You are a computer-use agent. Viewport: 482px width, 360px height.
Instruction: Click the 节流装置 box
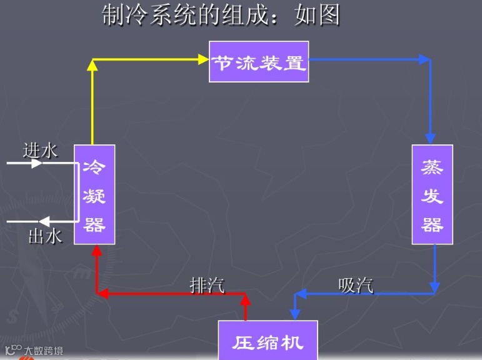click(x=259, y=61)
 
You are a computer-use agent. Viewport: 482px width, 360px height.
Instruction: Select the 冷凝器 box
click(x=94, y=194)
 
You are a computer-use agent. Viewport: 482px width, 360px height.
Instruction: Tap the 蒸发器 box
click(x=432, y=194)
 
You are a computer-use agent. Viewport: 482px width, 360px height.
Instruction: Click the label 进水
click(x=40, y=150)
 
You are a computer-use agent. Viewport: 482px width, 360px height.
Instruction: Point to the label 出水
click(x=45, y=236)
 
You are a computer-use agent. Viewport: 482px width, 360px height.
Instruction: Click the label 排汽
click(x=207, y=284)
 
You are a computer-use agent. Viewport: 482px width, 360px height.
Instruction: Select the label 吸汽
click(x=356, y=284)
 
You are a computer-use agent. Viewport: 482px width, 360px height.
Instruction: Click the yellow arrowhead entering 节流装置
click(x=203, y=59)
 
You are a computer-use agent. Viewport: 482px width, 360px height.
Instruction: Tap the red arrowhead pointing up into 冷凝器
click(x=96, y=251)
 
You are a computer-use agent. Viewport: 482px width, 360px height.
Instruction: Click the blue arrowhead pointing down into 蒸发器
click(x=429, y=139)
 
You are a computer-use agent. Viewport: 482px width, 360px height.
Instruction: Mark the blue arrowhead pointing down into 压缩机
click(x=296, y=312)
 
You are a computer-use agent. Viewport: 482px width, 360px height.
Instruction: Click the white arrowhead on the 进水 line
click(x=37, y=163)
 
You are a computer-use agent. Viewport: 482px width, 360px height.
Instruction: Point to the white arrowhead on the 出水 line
click(x=44, y=221)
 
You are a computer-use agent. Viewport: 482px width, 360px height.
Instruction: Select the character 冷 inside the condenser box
click(x=94, y=167)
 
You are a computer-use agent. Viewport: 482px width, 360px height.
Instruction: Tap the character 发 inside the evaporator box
click(x=432, y=195)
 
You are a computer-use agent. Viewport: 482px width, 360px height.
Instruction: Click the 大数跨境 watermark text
click(x=43, y=351)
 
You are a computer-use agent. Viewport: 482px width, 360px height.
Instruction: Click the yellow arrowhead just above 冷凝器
click(x=93, y=64)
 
